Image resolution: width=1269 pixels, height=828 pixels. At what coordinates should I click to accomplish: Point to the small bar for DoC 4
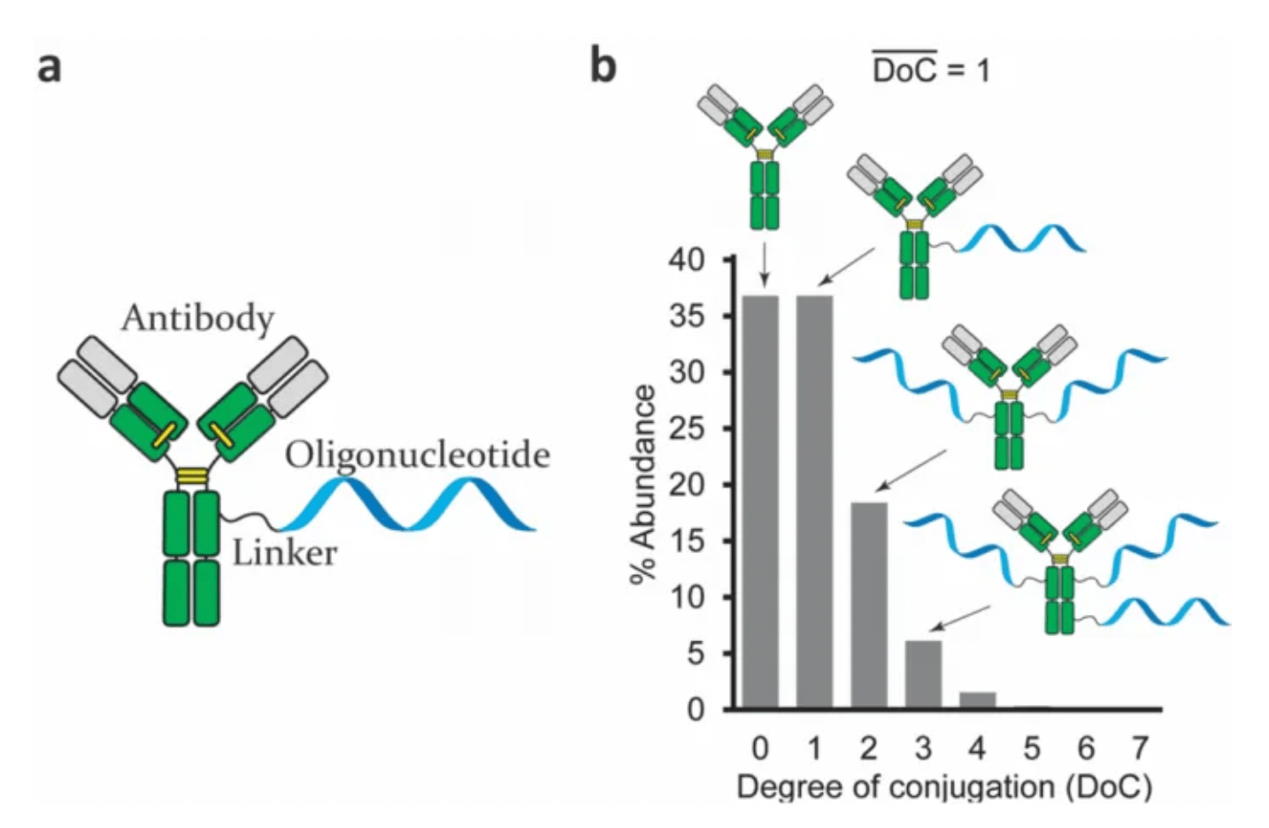tap(977, 700)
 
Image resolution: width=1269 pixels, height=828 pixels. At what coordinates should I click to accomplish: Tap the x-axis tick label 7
tap(1140, 748)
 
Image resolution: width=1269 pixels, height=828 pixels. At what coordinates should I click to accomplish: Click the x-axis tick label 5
tap(1031, 748)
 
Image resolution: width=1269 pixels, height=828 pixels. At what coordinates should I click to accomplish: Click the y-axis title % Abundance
tap(644, 485)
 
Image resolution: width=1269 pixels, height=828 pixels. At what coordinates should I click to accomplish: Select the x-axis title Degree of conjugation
tap(943, 786)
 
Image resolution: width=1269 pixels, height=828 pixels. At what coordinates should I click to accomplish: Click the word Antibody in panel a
tap(197, 318)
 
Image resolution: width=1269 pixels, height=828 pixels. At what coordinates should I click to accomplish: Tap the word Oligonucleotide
tap(417, 455)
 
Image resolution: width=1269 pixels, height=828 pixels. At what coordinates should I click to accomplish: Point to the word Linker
tap(284, 553)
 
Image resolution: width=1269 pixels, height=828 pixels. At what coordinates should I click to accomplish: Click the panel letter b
tap(603, 65)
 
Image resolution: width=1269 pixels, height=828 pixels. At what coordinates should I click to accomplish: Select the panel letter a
tap(50, 66)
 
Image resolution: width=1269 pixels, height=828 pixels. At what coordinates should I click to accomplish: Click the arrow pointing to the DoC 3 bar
tap(961, 617)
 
